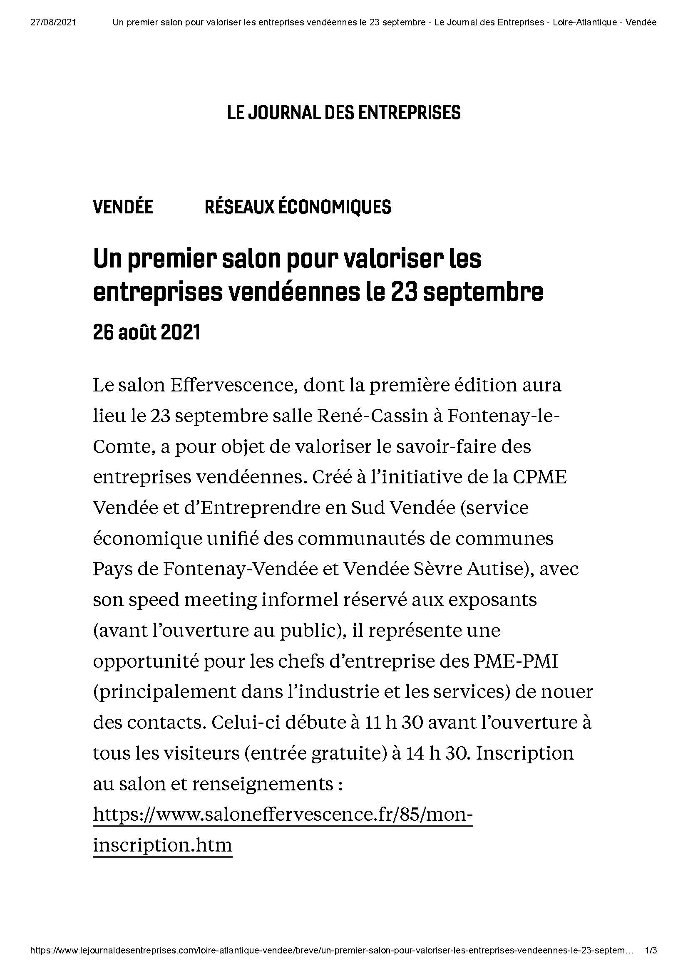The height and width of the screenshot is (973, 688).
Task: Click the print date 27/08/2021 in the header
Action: [53, 22]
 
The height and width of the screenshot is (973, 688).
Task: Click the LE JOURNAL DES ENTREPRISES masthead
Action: [344, 113]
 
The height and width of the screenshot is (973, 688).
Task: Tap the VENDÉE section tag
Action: [123, 207]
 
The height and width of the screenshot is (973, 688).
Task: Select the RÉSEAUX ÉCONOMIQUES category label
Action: [298, 207]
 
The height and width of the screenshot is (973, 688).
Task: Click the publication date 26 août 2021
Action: [146, 333]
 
